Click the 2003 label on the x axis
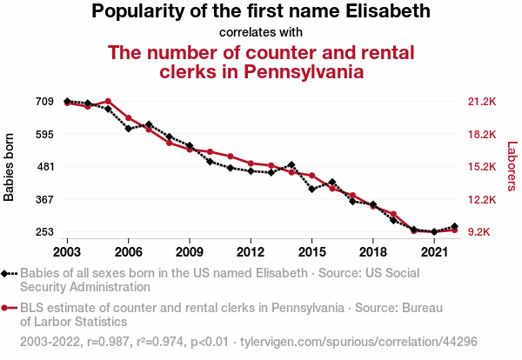pyautogui.click(x=67, y=251)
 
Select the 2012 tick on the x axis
pyautogui.click(x=251, y=251)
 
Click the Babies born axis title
pyautogui.click(x=10, y=167)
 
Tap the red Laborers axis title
pyautogui.click(x=512, y=167)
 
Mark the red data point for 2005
pyautogui.click(x=108, y=102)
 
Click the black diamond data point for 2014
pyautogui.click(x=291, y=164)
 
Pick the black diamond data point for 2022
pyautogui.click(x=455, y=226)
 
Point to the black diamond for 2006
pyautogui.click(x=129, y=129)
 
